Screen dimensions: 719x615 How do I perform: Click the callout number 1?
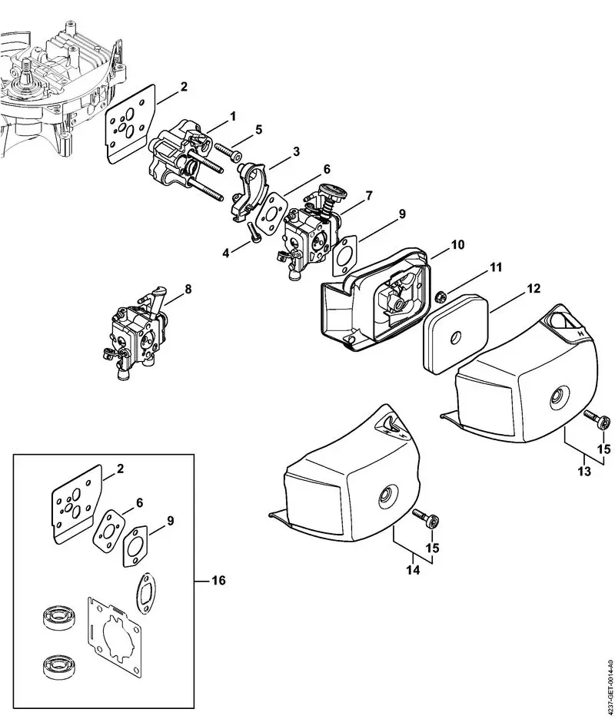point(232,115)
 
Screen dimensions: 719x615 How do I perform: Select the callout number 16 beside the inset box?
point(218,580)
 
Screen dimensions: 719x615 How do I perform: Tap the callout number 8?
point(188,290)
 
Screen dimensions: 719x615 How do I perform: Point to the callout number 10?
point(457,245)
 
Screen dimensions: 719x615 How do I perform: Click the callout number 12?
point(534,289)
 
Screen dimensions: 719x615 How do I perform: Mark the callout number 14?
point(414,571)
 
